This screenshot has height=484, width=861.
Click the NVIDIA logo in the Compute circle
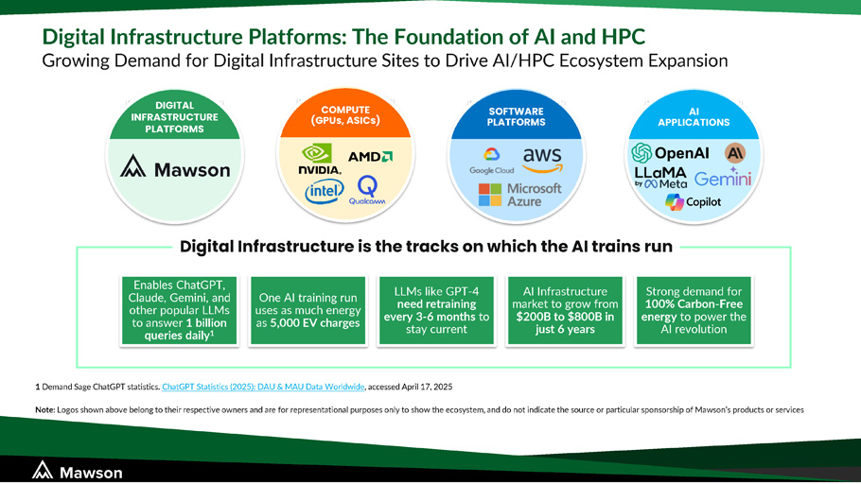click(320, 159)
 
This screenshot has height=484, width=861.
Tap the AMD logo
click(371, 156)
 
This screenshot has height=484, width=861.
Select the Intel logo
click(325, 192)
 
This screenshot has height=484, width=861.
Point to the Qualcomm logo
click(367, 190)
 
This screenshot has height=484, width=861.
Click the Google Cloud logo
click(491, 162)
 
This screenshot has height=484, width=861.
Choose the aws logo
click(542, 160)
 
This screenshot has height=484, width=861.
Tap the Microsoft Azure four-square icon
click(490, 195)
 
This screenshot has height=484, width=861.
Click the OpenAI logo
click(670, 153)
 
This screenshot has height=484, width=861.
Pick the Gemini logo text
click(723, 179)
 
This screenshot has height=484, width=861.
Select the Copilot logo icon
click(675, 202)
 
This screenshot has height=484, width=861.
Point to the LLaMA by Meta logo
click(660, 178)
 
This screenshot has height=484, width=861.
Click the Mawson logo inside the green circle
click(175, 167)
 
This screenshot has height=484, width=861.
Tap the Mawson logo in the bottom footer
click(77, 471)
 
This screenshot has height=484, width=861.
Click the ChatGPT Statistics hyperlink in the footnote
click(263, 387)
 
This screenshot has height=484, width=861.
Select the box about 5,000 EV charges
click(308, 311)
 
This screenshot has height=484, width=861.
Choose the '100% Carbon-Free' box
click(694, 311)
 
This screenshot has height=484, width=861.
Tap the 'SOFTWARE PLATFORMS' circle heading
click(517, 116)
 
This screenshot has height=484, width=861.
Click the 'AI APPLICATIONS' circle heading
click(694, 117)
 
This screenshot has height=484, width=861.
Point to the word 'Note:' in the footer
click(45, 409)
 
